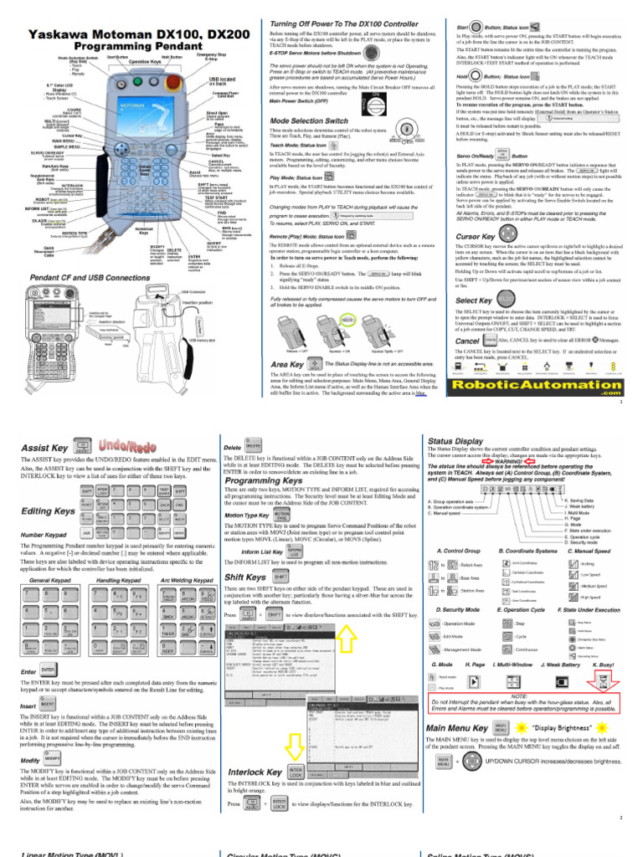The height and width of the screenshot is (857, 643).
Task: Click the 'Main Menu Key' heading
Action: tap(457, 728)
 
